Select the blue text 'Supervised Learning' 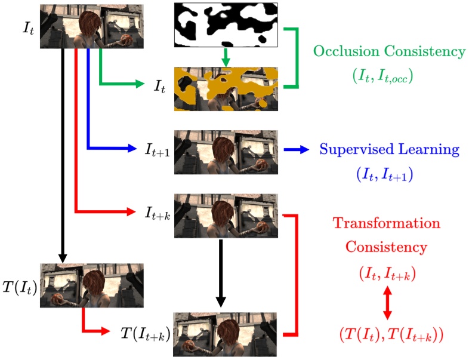[389, 149]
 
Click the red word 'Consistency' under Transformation [386, 246]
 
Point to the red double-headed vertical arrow [386, 303]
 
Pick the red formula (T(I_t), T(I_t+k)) [386, 333]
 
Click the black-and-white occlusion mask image [226, 25]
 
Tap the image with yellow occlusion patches [226, 88]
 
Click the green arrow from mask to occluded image [226, 57]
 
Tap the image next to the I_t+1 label [226, 152]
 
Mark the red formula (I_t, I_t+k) [386, 274]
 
